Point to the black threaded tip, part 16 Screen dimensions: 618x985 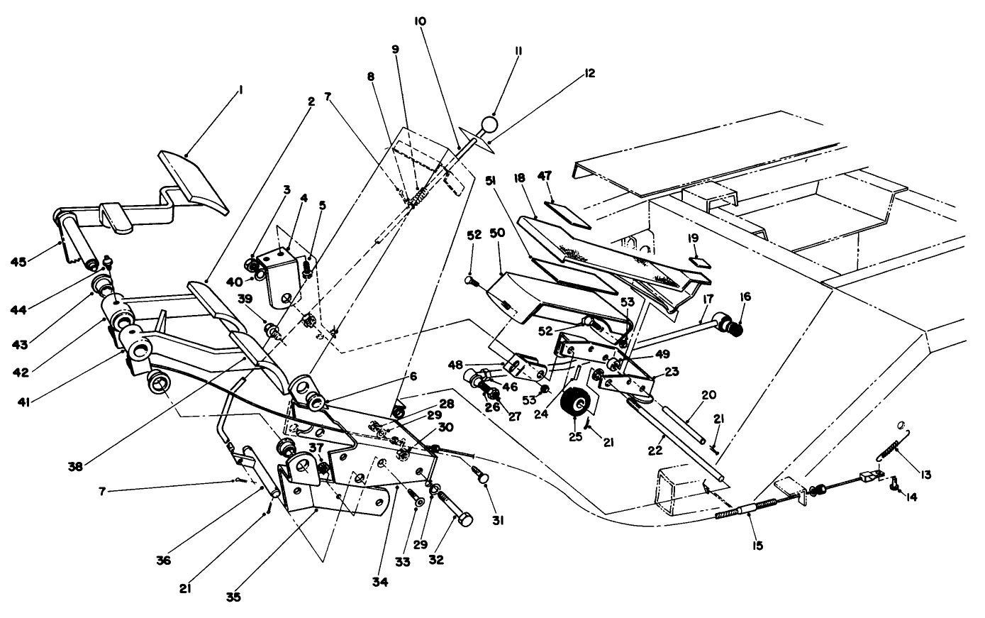coord(737,327)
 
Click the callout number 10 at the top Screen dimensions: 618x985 coord(420,21)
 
